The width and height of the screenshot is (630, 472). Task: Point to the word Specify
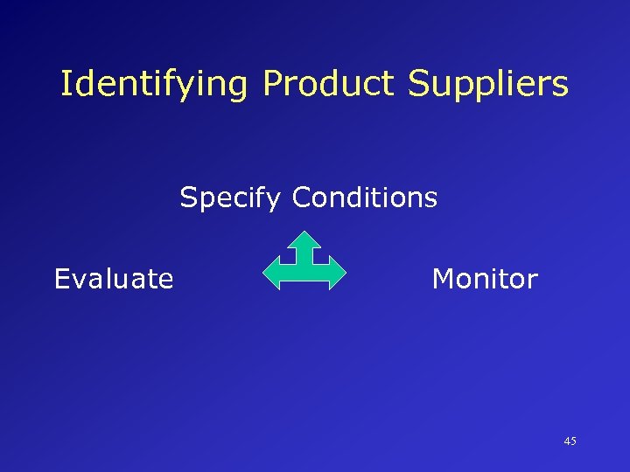231,198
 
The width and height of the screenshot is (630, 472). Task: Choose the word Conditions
365,198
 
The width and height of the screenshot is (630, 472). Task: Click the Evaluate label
114,279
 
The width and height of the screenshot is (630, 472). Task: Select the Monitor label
485,279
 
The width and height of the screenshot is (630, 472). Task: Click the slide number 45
570,441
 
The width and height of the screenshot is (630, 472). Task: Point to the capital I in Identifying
66,84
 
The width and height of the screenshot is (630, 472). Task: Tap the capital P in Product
272,84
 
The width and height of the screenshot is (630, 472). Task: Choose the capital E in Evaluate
61,279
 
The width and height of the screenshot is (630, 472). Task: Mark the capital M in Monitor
443,279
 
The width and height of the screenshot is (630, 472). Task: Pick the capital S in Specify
188,198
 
